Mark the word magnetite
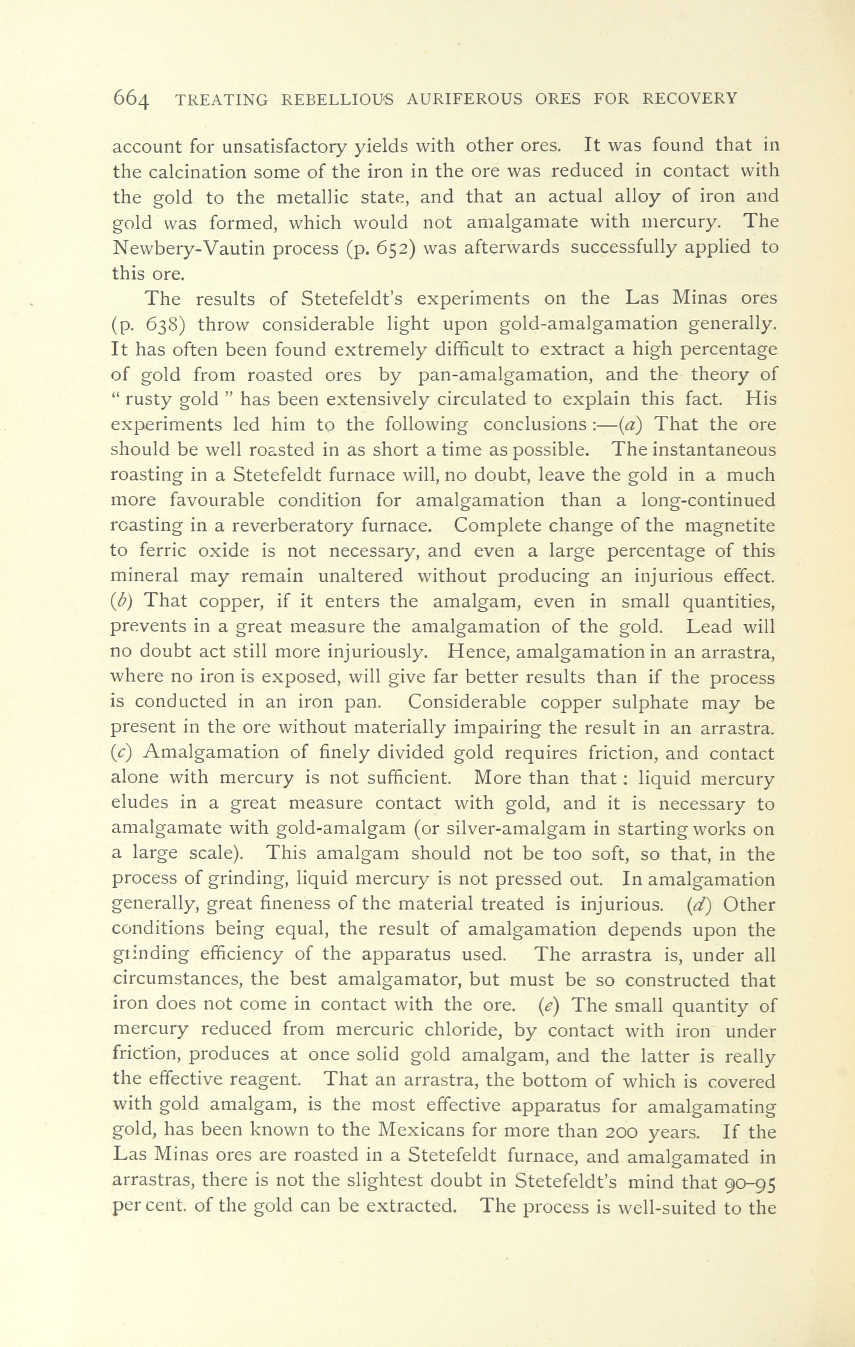tap(730, 526)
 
